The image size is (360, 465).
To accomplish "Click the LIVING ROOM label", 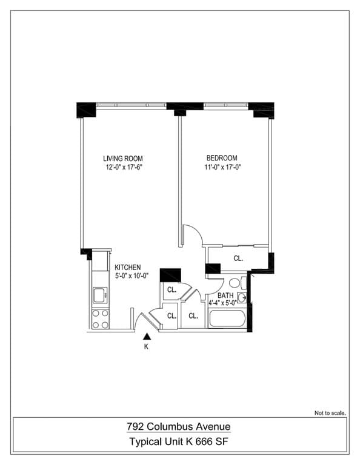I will (122, 159).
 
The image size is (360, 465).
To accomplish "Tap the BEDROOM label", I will (222, 158).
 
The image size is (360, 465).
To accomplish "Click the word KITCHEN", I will (128, 267).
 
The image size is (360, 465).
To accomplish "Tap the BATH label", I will (225, 295).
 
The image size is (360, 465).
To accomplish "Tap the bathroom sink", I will (242, 297).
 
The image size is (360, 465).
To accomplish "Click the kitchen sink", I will (99, 296).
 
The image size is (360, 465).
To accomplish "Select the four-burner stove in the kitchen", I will (100, 319).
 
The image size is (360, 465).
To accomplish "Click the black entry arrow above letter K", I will (146, 337).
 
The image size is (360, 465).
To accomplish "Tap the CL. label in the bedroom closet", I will (238, 258).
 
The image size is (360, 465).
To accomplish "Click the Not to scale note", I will (330, 413).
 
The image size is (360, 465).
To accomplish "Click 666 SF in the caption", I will (215, 442).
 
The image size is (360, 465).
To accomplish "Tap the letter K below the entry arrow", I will (146, 348).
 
